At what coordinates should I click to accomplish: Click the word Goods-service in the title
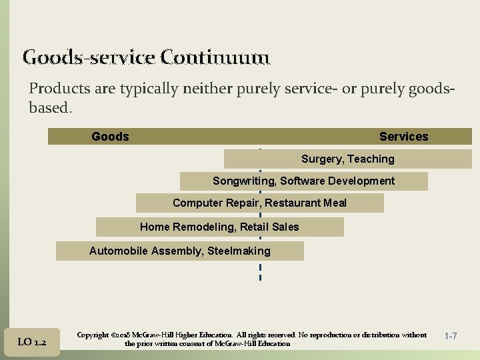[x=89, y=57]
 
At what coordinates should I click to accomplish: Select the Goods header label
[x=110, y=137]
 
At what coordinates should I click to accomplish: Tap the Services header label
[x=403, y=137]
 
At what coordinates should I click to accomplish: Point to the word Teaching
[x=371, y=159]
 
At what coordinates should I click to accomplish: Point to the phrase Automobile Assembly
[x=145, y=251]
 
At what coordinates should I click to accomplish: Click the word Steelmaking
[x=239, y=251]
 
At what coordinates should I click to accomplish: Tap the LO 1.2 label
[x=31, y=342]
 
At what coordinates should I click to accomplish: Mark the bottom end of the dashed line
[x=260, y=279]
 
